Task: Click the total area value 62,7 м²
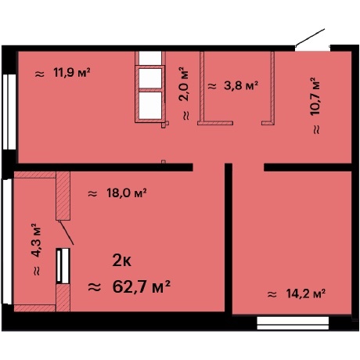(140, 286)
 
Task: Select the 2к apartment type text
(122, 260)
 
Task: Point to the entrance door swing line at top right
(310, 37)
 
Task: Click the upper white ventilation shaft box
(149, 77)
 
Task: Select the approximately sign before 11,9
(39, 73)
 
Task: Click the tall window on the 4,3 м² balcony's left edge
(7, 243)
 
